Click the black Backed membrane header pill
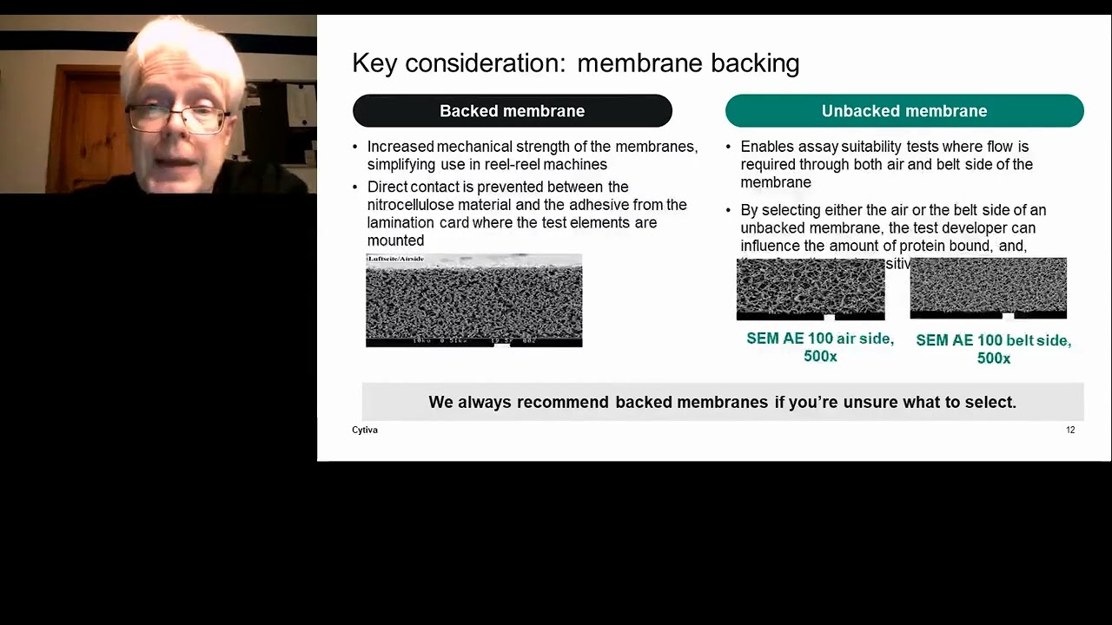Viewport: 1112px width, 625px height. coord(512,111)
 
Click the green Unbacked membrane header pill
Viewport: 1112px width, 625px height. coord(903,111)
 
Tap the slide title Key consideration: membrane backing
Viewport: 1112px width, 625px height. coord(575,63)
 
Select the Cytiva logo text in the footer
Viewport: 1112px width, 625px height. coord(365,430)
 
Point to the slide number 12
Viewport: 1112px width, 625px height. coord(1070,430)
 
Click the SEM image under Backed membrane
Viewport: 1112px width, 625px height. coord(473,301)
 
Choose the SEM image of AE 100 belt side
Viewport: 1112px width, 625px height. coord(988,288)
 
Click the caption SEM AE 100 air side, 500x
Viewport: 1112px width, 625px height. coord(819,346)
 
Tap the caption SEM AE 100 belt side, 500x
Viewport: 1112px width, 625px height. coord(993,348)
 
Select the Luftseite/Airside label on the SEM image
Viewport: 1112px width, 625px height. coord(395,259)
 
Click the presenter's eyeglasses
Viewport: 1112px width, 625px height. coord(178,117)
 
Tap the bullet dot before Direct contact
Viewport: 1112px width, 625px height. coord(356,187)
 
